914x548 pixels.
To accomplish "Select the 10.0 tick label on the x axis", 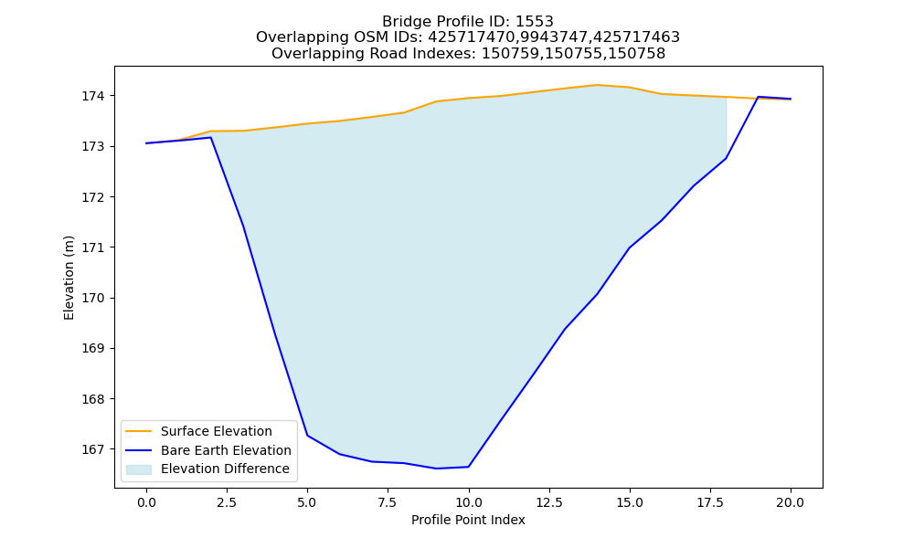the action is coord(469,502).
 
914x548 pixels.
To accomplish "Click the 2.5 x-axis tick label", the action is coord(227,502).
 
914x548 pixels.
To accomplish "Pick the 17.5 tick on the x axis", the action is coord(710,502).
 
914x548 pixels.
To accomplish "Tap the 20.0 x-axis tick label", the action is coord(791,502).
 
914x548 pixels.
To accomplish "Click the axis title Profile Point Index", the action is coord(468,520).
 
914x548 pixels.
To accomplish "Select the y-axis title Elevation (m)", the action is coord(69,278).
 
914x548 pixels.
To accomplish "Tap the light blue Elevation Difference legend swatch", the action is coord(139,469).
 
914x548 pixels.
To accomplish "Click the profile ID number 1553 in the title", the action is coord(535,22).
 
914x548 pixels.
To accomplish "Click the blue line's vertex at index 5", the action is coord(307,436).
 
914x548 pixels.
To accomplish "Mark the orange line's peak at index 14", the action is coord(597,85).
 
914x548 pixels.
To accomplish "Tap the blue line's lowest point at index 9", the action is coord(436,469).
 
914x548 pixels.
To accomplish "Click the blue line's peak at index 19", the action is coord(758,97).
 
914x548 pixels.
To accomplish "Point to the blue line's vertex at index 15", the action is coord(630,248).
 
